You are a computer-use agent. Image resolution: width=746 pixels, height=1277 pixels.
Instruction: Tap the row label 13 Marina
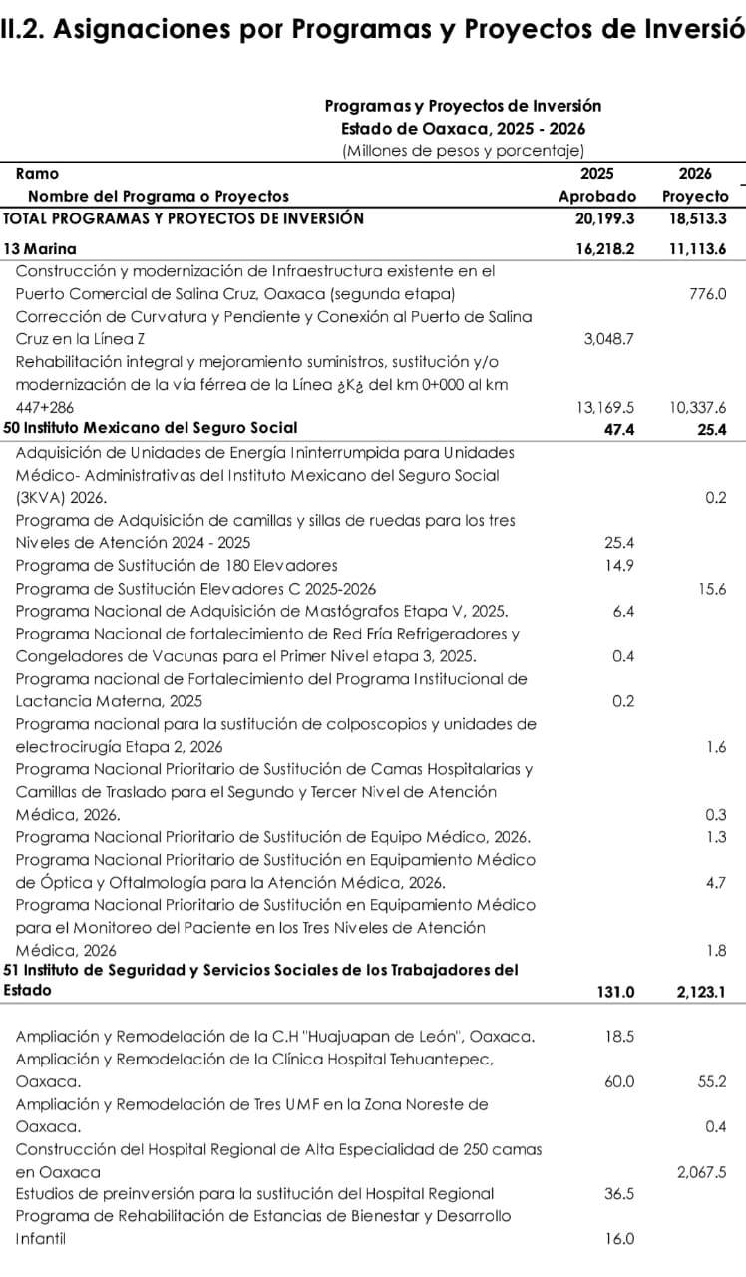pos(40,248)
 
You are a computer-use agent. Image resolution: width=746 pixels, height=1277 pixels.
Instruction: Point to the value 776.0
pos(707,293)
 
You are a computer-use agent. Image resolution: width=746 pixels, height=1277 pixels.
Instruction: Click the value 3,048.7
pos(608,339)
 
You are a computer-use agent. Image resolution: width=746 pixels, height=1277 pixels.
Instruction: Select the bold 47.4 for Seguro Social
pos(618,428)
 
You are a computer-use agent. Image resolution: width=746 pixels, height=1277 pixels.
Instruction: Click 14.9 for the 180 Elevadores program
pos(619,565)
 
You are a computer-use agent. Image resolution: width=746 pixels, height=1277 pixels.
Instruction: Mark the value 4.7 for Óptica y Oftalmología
pos(715,882)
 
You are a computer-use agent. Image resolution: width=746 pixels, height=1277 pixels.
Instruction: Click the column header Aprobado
pos(596,196)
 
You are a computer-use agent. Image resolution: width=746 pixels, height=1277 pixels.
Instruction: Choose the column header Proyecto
pos(695,196)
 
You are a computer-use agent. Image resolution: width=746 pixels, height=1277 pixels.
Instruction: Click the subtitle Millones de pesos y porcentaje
pos(463,151)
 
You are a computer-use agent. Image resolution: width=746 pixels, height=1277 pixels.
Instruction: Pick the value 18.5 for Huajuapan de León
pos(619,1036)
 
